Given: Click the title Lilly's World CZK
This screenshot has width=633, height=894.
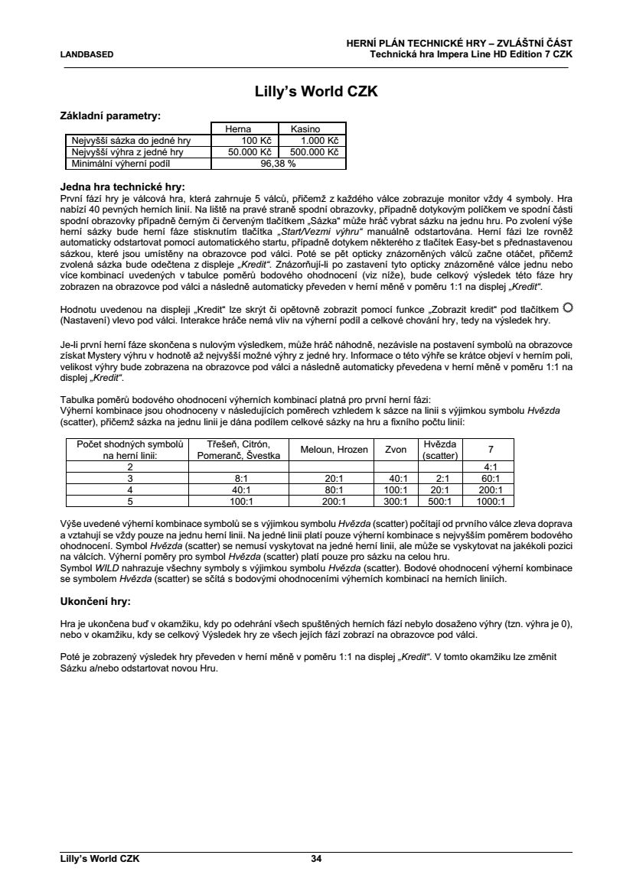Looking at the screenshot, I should [316, 93].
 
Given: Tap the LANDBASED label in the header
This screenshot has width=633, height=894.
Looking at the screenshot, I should [86, 54].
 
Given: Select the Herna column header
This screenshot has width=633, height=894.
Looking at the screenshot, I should [238, 130].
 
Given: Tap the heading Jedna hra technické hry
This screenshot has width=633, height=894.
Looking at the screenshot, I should [123, 186].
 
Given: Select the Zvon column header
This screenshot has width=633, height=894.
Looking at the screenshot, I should [396, 450].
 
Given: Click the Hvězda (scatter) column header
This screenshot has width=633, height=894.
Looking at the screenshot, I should [439, 450].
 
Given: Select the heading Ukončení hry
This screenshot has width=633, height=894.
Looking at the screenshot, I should [96, 601].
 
